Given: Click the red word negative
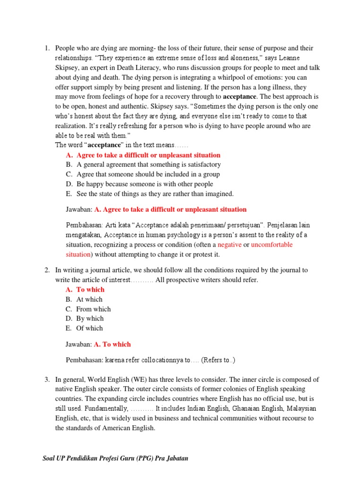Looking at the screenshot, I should (x=229, y=244).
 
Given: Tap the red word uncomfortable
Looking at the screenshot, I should (x=272, y=244).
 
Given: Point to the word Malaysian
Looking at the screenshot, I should (x=297, y=408).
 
